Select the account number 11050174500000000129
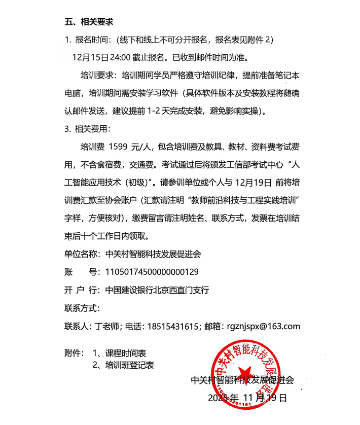click(x=152, y=272)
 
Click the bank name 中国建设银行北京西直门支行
click(x=157, y=290)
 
